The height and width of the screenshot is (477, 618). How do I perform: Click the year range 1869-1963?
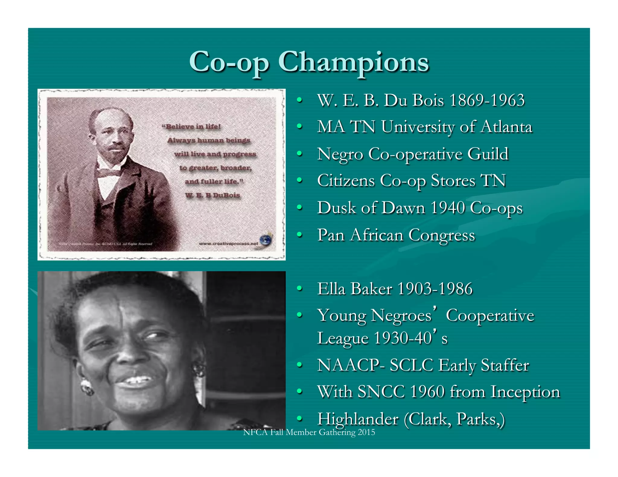click(x=487, y=100)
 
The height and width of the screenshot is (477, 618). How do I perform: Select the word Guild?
click(x=488, y=154)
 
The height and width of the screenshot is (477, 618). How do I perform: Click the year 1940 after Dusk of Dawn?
click(x=448, y=208)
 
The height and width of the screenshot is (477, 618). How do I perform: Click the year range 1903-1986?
click(x=435, y=289)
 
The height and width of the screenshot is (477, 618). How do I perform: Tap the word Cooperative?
click(x=490, y=316)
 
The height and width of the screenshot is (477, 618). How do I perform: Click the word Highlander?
click(x=358, y=419)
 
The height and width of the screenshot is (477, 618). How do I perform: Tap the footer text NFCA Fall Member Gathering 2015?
click(x=309, y=432)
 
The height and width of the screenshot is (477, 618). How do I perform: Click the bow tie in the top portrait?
click(x=108, y=173)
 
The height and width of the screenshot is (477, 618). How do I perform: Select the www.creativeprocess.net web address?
click(x=228, y=244)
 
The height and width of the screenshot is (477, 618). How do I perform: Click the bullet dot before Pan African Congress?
click(x=299, y=234)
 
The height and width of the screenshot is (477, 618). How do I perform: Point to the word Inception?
click(x=525, y=392)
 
